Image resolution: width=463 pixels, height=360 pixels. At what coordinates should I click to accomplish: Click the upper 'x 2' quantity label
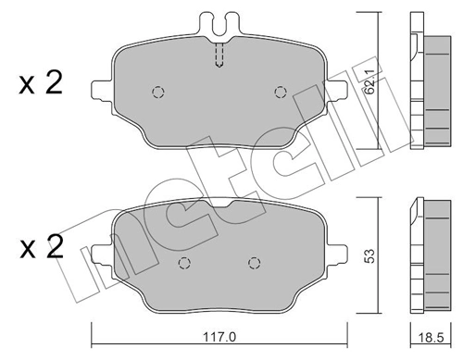pos(40,84)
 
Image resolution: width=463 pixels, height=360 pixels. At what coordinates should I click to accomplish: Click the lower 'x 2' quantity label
pos(40,249)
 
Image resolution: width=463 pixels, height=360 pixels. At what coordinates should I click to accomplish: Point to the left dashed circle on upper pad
pos(156,92)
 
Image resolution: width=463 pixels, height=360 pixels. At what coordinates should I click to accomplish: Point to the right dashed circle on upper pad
pos(280,91)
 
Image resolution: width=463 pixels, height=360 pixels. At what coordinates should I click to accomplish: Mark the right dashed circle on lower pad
pos(252,262)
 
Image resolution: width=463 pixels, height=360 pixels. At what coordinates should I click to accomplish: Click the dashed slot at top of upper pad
pos(219,55)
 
